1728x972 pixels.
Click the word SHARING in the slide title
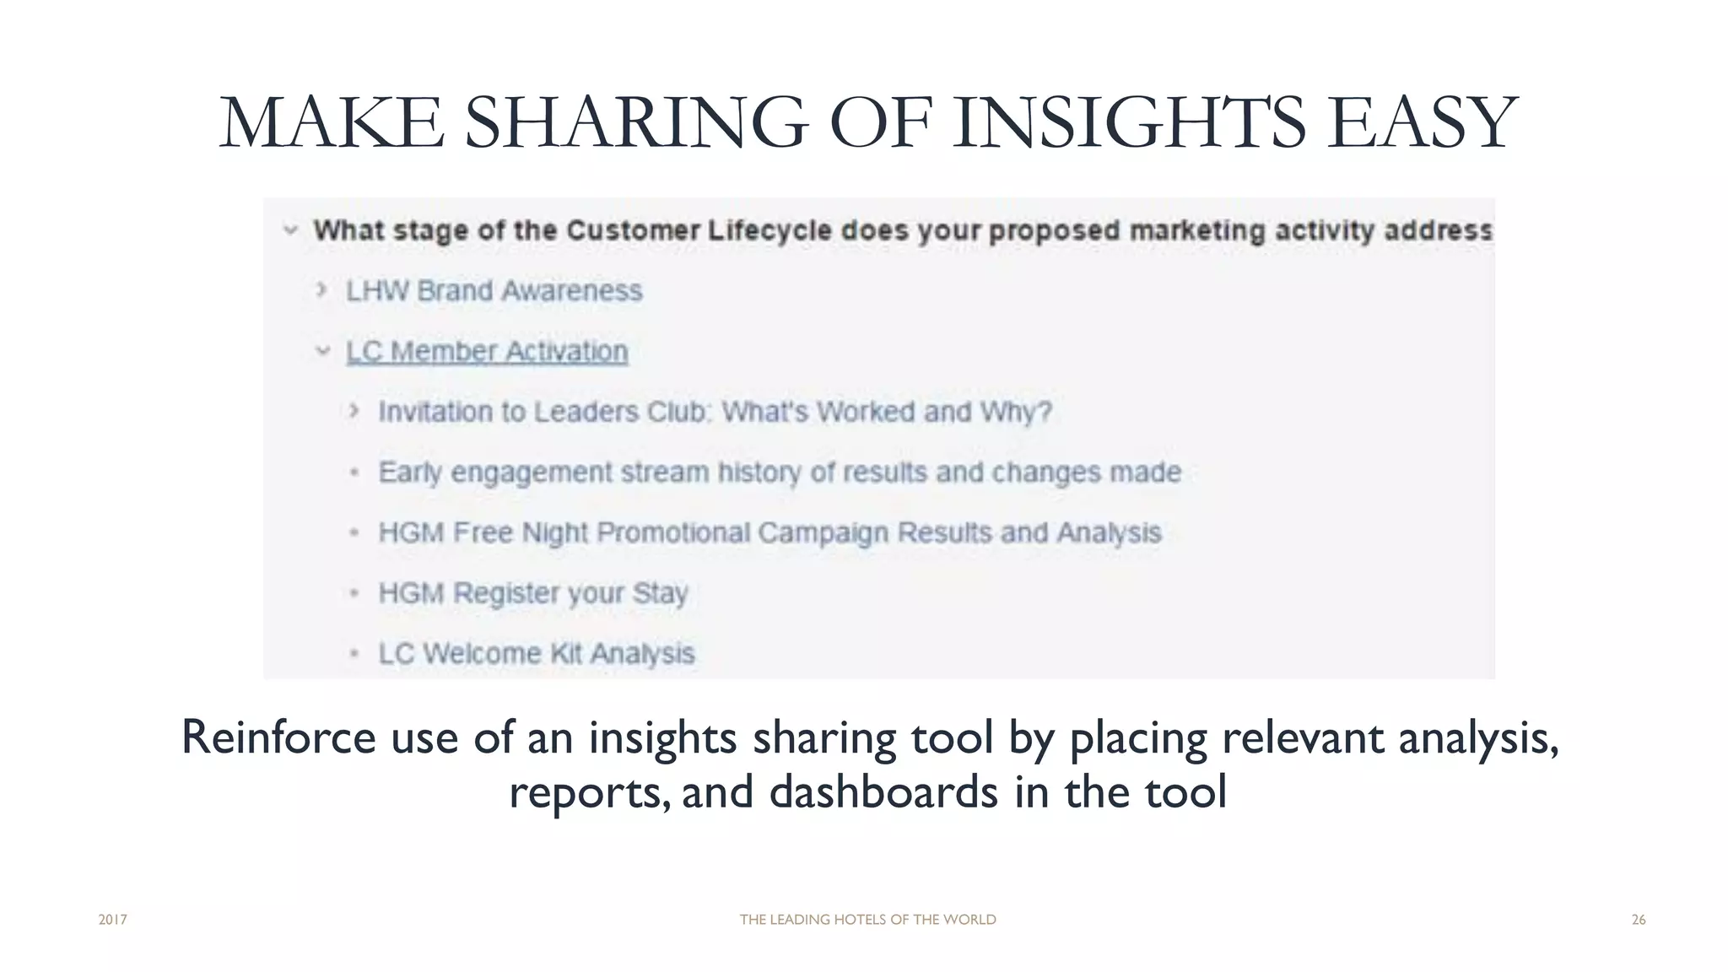(x=636, y=123)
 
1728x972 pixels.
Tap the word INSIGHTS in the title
(x=1130, y=123)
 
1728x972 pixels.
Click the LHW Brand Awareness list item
(x=494, y=291)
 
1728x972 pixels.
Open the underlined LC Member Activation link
(x=487, y=352)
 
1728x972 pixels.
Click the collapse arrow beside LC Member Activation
(x=322, y=351)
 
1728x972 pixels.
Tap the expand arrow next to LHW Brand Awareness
(x=321, y=290)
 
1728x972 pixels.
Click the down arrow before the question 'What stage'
(x=290, y=229)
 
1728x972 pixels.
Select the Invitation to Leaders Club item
(x=715, y=412)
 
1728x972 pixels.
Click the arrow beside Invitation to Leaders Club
(x=354, y=411)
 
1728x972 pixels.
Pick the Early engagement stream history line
(x=779, y=472)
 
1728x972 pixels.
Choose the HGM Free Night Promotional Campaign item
(x=769, y=533)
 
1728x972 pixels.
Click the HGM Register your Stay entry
(x=533, y=593)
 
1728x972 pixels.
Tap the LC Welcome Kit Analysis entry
(x=537, y=654)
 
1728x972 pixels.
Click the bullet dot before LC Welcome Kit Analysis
(x=354, y=654)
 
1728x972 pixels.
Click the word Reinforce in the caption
(x=278, y=737)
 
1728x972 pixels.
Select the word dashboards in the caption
(x=883, y=791)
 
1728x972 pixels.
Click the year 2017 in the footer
(x=112, y=920)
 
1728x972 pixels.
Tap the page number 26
(x=1638, y=920)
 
